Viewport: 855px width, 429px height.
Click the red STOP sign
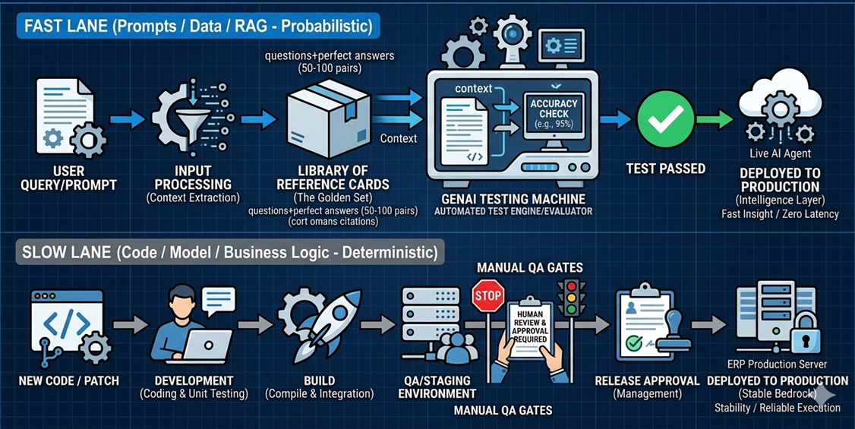(x=487, y=296)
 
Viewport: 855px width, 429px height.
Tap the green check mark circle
(x=665, y=119)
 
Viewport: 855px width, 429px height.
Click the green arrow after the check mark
(x=714, y=119)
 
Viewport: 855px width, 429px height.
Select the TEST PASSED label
(x=665, y=169)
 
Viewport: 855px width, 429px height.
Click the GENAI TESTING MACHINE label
(x=513, y=198)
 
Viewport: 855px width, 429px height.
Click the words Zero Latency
(x=810, y=214)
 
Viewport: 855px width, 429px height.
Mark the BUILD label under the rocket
(x=318, y=380)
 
